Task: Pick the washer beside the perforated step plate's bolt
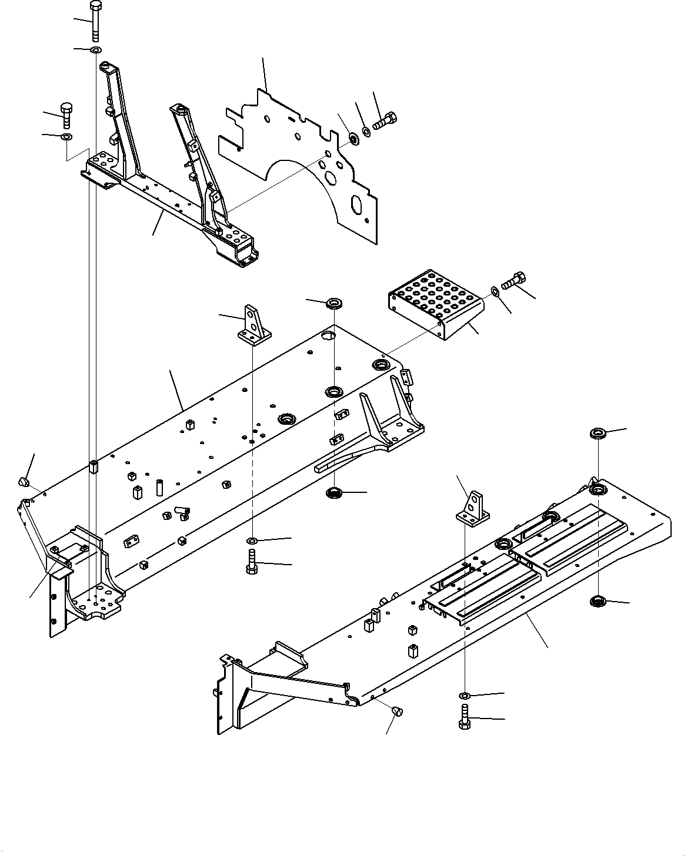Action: (x=495, y=291)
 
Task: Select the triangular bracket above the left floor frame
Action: (x=253, y=325)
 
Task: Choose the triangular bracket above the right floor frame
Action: (x=473, y=508)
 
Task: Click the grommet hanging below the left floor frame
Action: (x=335, y=491)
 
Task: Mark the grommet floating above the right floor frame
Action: (x=598, y=434)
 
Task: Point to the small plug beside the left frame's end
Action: (x=24, y=482)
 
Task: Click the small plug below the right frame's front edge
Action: (x=398, y=712)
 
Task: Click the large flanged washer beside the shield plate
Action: (x=353, y=139)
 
